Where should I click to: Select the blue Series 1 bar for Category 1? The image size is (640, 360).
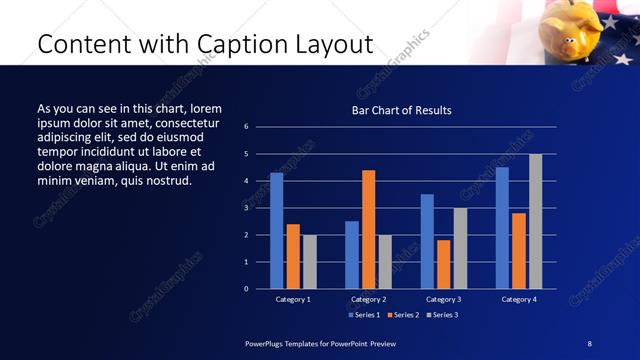click(x=276, y=231)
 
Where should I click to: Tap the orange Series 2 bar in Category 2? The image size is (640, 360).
click(x=368, y=229)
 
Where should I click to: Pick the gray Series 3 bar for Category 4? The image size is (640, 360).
click(x=535, y=221)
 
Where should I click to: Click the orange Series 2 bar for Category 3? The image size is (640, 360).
click(x=443, y=264)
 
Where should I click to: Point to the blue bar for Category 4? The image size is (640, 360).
click(x=502, y=228)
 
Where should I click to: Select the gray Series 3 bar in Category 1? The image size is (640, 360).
click(x=309, y=262)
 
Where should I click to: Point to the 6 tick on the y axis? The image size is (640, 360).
click(x=246, y=127)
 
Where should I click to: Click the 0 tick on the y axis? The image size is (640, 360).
click(x=246, y=289)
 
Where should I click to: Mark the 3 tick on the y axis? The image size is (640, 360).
click(x=246, y=208)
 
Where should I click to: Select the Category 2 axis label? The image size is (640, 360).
click(x=368, y=299)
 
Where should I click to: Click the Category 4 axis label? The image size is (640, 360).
click(x=518, y=299)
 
